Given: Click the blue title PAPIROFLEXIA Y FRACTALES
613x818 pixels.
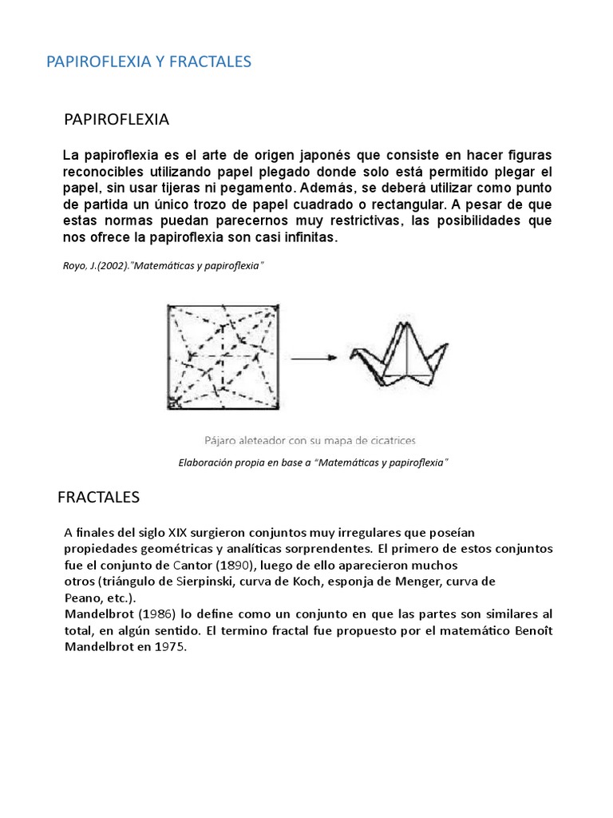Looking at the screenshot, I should click(149, 62).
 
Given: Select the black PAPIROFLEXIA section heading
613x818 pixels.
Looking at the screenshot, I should click(116, 120).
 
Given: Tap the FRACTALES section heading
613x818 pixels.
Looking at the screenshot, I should click(98, 498).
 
